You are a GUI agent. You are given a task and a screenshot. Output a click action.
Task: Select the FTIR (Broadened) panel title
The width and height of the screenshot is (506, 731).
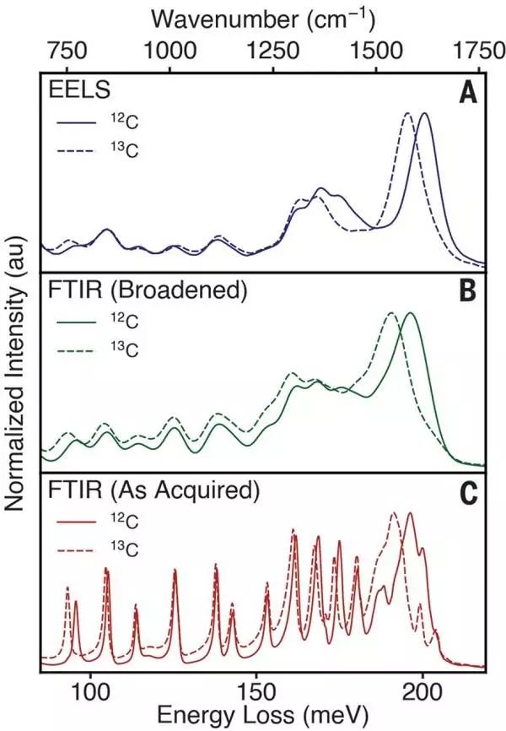145,291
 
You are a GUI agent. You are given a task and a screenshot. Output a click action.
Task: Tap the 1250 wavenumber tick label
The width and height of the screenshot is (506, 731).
273,48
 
